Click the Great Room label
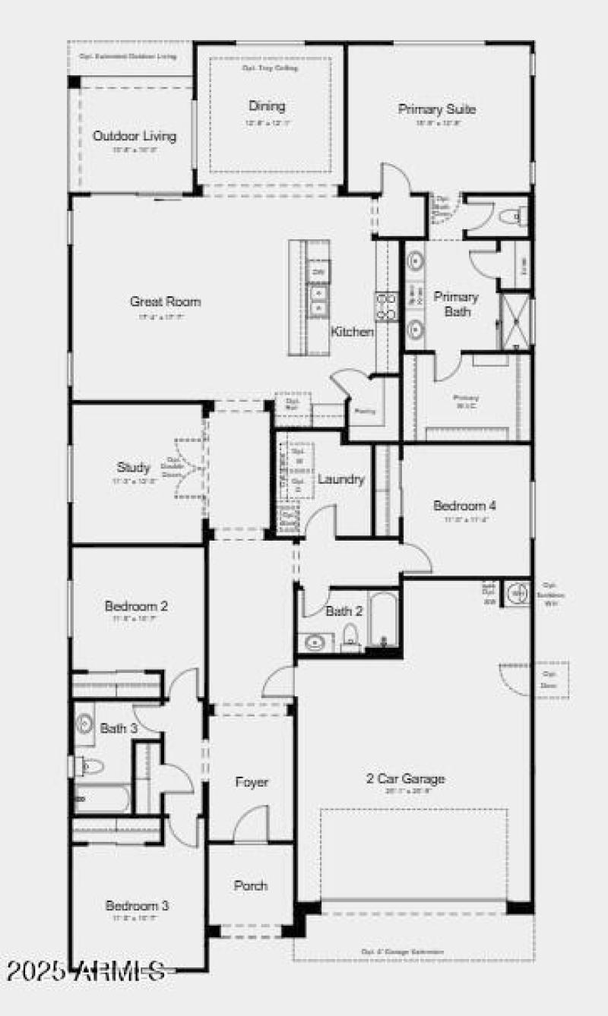(165, 301)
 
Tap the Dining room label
(267, 106)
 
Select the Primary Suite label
(437, 109)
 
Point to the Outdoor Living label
(135, 136)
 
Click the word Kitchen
(352, 332)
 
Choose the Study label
(133, 467)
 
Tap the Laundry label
(341, 479)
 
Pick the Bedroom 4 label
(465, 505)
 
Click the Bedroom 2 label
(137, 606)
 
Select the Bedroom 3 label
(137, 905)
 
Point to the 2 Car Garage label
(405, 778)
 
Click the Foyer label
(252, 781)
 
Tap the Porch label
(251, 885)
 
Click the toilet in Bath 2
(351, 636)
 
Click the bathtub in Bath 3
(103, 800)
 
